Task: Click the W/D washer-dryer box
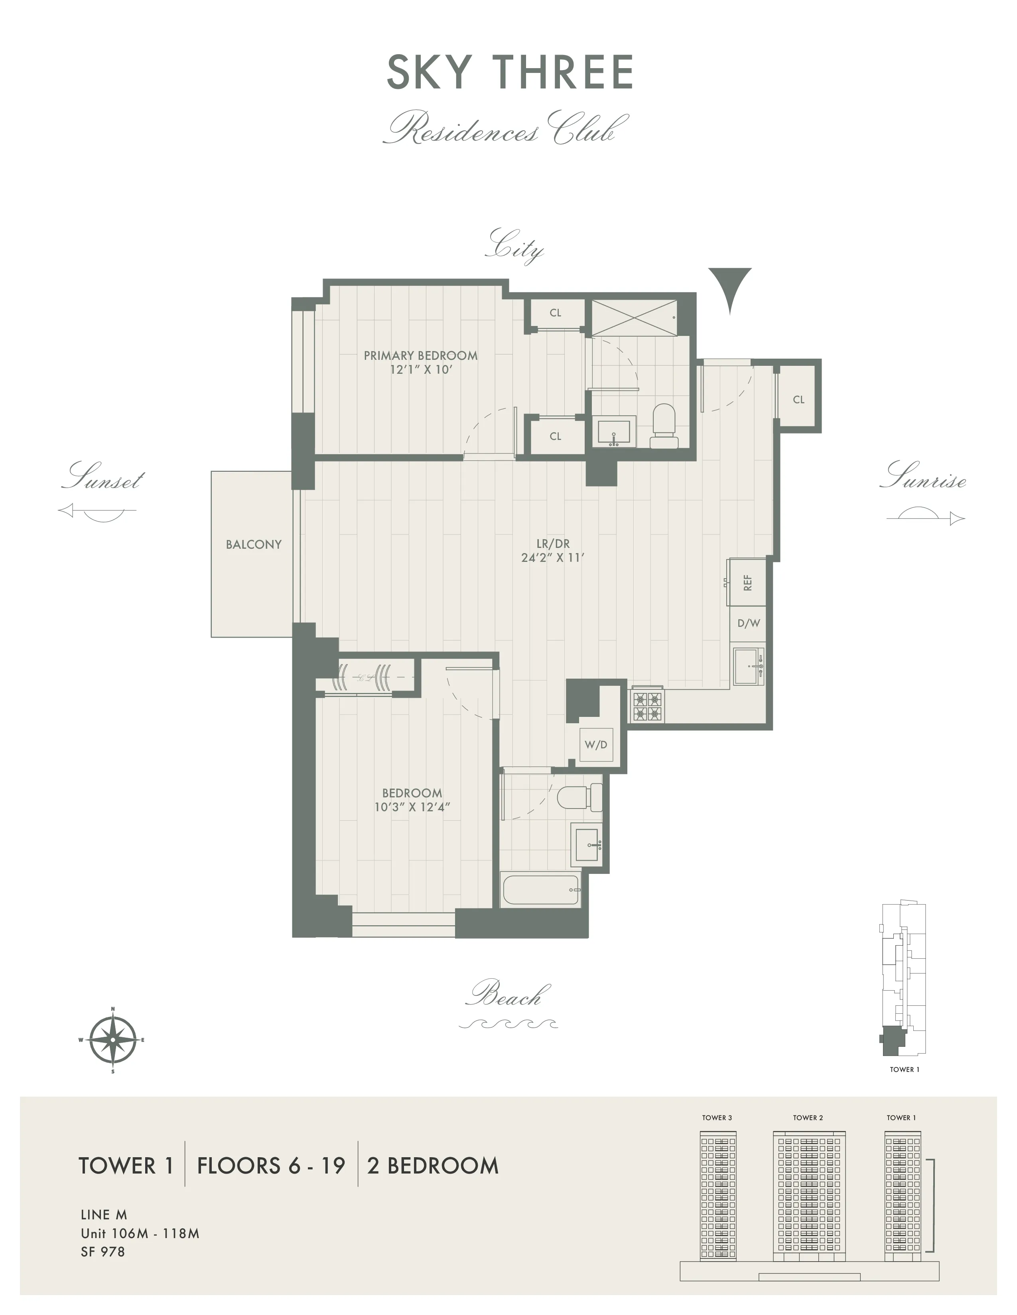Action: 595,745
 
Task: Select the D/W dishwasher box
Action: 748,623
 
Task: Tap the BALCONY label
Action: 254,544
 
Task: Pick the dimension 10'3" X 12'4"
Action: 412,807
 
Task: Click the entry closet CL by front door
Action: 798,399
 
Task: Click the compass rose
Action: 112,1040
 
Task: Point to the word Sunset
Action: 103,478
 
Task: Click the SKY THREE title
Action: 510,72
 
